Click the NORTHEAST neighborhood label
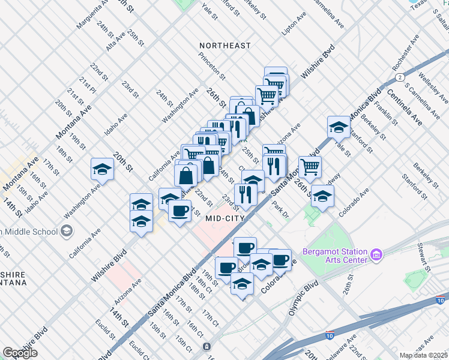(x=225, y=46)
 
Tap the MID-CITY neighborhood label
(x=225, y=218)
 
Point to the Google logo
(x=20, y=353)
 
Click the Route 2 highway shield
(x=399, y=77)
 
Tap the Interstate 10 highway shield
(x=330, y=334)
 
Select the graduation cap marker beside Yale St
(x=339, y=128)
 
